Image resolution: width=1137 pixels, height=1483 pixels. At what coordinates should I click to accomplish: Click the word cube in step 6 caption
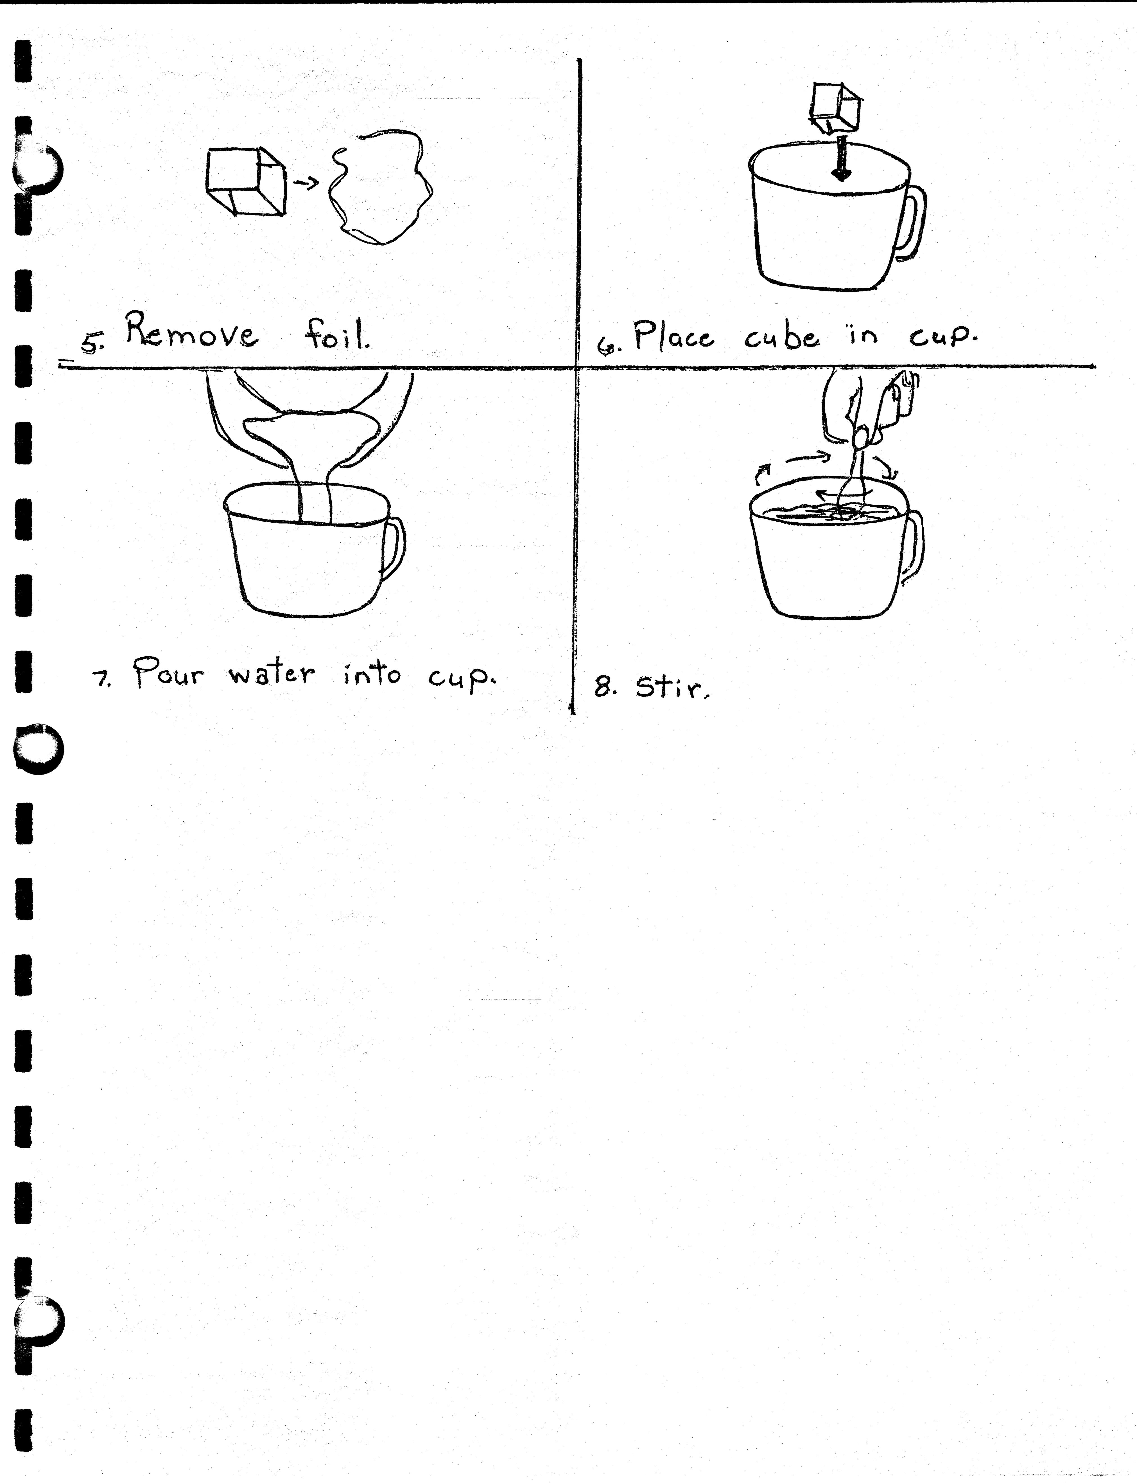click(782, 336)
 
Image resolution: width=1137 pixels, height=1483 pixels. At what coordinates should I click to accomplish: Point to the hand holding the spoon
click(866, 406)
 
